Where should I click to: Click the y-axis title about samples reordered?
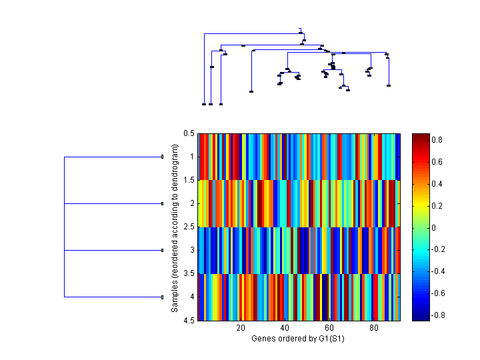pos(175,227)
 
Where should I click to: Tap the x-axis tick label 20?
pos(241,329)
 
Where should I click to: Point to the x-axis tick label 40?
pos(285,329)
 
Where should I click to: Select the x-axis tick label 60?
pos(329,329)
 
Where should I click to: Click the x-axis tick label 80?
pos(373,329)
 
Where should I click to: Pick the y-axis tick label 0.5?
pos(188,133)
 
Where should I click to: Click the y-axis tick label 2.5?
pos(188,227)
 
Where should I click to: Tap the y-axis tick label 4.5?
pos(188,321)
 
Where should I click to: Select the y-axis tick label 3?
pos(191,251)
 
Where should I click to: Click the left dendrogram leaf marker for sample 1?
pos(162,157)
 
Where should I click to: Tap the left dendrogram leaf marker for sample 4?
pos(162,297)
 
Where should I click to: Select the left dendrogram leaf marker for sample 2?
pos(162,203)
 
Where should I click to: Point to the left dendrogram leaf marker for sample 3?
pos(162,250)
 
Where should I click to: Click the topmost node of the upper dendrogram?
pos(301,29)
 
